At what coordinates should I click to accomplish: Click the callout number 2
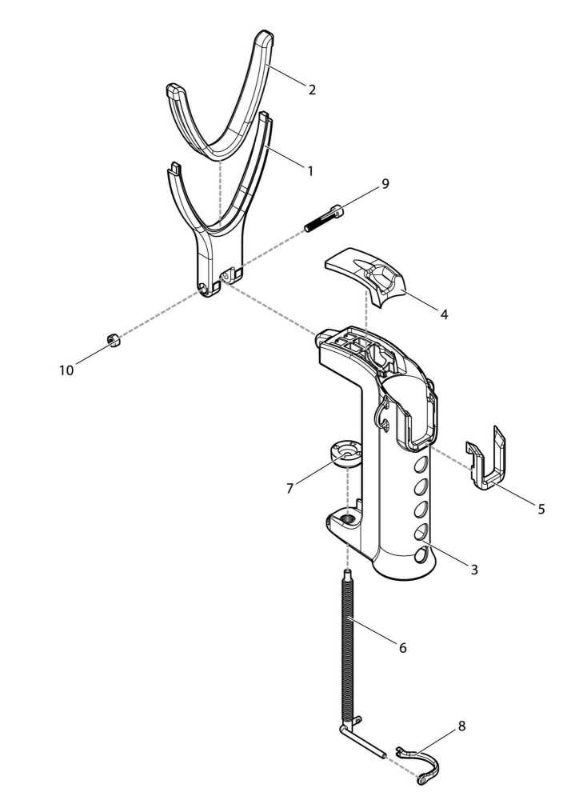pyautogui.click(x=312, y=90)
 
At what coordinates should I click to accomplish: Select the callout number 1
pyautogui.click(x=310, y=170)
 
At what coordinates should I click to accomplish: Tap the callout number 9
pyautogui.click(x=385, y=184)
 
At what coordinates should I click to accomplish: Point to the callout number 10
pyautogui.click(x=66, y=370)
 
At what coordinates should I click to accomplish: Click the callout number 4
pyautogui.click(x=444, y=314)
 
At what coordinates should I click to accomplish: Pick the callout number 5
pyautogui.click(x=541, y=509)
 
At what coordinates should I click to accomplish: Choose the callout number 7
pyautogui.click(x=290, y=489)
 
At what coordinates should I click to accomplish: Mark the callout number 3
pyautogui.click(x=474, y=570)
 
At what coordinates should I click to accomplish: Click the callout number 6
pyautogui.click(x=403, y=648)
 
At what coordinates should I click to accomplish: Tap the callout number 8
pyautogui.click(x=461, y=726)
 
